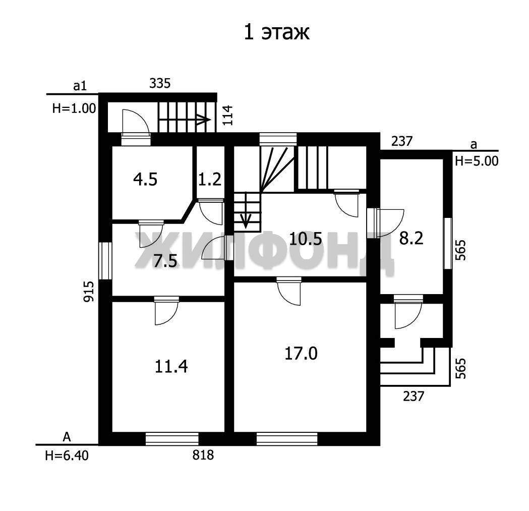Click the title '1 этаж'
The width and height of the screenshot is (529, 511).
pos(276,33)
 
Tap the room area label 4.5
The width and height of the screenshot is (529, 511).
pos(145,179)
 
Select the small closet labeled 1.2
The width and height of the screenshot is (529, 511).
pos(209,179)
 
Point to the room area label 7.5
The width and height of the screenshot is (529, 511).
pos(165,261)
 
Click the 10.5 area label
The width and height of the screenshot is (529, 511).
pos(306,239)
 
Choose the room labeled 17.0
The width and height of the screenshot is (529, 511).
pos(301,354)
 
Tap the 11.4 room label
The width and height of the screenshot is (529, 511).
pos(171,366)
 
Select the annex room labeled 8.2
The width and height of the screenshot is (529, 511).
pos(411,239)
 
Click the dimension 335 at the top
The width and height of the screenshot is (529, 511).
pos(160,83)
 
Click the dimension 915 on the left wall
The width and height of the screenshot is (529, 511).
pos(88,291)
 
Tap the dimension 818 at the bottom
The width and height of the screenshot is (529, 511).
pos(203,456)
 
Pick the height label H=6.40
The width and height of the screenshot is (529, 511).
pos(67,456)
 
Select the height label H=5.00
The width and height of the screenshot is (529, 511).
pos(477,161)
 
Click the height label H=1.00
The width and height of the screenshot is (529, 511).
pos(74,108)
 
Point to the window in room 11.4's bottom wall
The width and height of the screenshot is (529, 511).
pos(172,439)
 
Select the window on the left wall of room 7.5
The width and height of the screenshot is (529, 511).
pos(105,261)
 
